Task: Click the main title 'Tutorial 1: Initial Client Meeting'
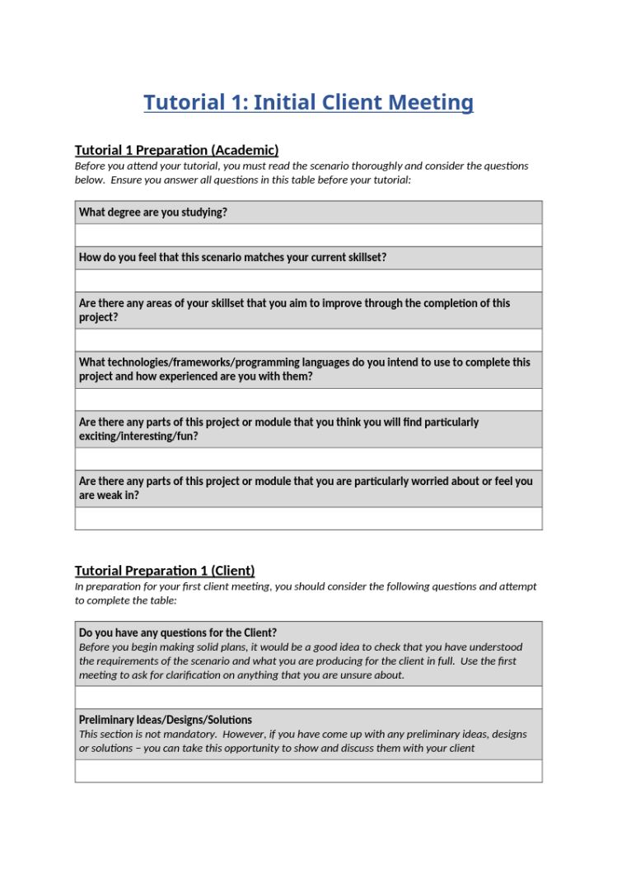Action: point(308,103)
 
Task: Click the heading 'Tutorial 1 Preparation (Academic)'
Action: point(176,150)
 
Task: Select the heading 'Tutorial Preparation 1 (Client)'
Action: point(165,571)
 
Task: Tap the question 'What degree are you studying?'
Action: point(153,212)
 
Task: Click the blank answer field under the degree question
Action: point(308,235)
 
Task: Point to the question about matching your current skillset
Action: point(232,258)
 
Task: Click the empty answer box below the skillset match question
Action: point(308,280)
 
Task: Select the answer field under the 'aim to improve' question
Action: point(308,339)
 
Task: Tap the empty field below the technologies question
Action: point(308,399)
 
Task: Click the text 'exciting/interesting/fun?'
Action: point(138,436)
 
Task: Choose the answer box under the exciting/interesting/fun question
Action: point(308,459)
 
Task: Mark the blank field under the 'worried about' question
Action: point(308,518)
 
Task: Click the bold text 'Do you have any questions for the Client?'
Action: point(178,633)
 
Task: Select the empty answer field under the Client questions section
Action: point(308,697)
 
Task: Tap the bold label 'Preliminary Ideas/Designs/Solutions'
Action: point(166,720)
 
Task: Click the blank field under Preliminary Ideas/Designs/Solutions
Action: point(308,771)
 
